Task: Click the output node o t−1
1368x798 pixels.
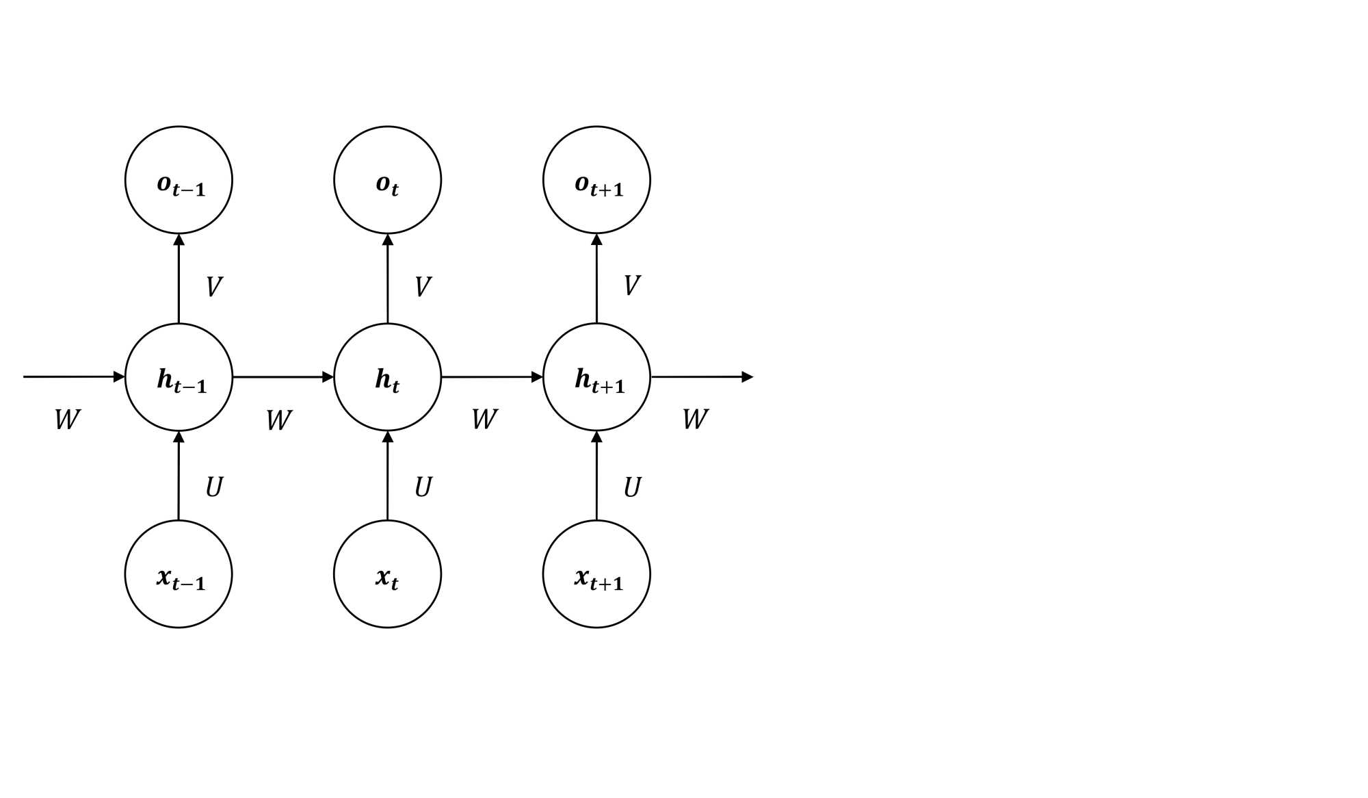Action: point(179,180)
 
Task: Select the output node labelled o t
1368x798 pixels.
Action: point(387,180)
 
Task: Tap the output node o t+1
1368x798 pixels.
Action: point(596,180)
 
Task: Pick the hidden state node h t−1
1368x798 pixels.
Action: point(179,377)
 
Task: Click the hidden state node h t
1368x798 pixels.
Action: point(387,377)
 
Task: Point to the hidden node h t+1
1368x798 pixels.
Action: point(596,377)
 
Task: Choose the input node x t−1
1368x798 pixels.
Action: point(179,574)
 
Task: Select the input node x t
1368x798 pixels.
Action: point(387,574)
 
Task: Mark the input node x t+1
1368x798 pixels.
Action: point(596,574)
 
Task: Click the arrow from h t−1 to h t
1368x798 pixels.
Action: point(283,377)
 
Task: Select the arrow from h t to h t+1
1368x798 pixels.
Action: point(492,377)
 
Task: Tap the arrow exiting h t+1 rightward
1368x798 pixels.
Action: point(701,377)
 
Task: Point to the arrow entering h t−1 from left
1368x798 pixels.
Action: point(74,377)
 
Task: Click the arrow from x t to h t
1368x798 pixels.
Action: point(387,476)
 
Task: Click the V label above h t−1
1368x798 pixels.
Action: point(214,287)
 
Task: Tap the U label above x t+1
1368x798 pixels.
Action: point(632,487)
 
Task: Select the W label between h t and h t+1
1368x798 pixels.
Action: point(484,419)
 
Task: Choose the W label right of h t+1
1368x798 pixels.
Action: point(695,419)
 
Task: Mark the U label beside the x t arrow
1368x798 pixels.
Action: point(423,487)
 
